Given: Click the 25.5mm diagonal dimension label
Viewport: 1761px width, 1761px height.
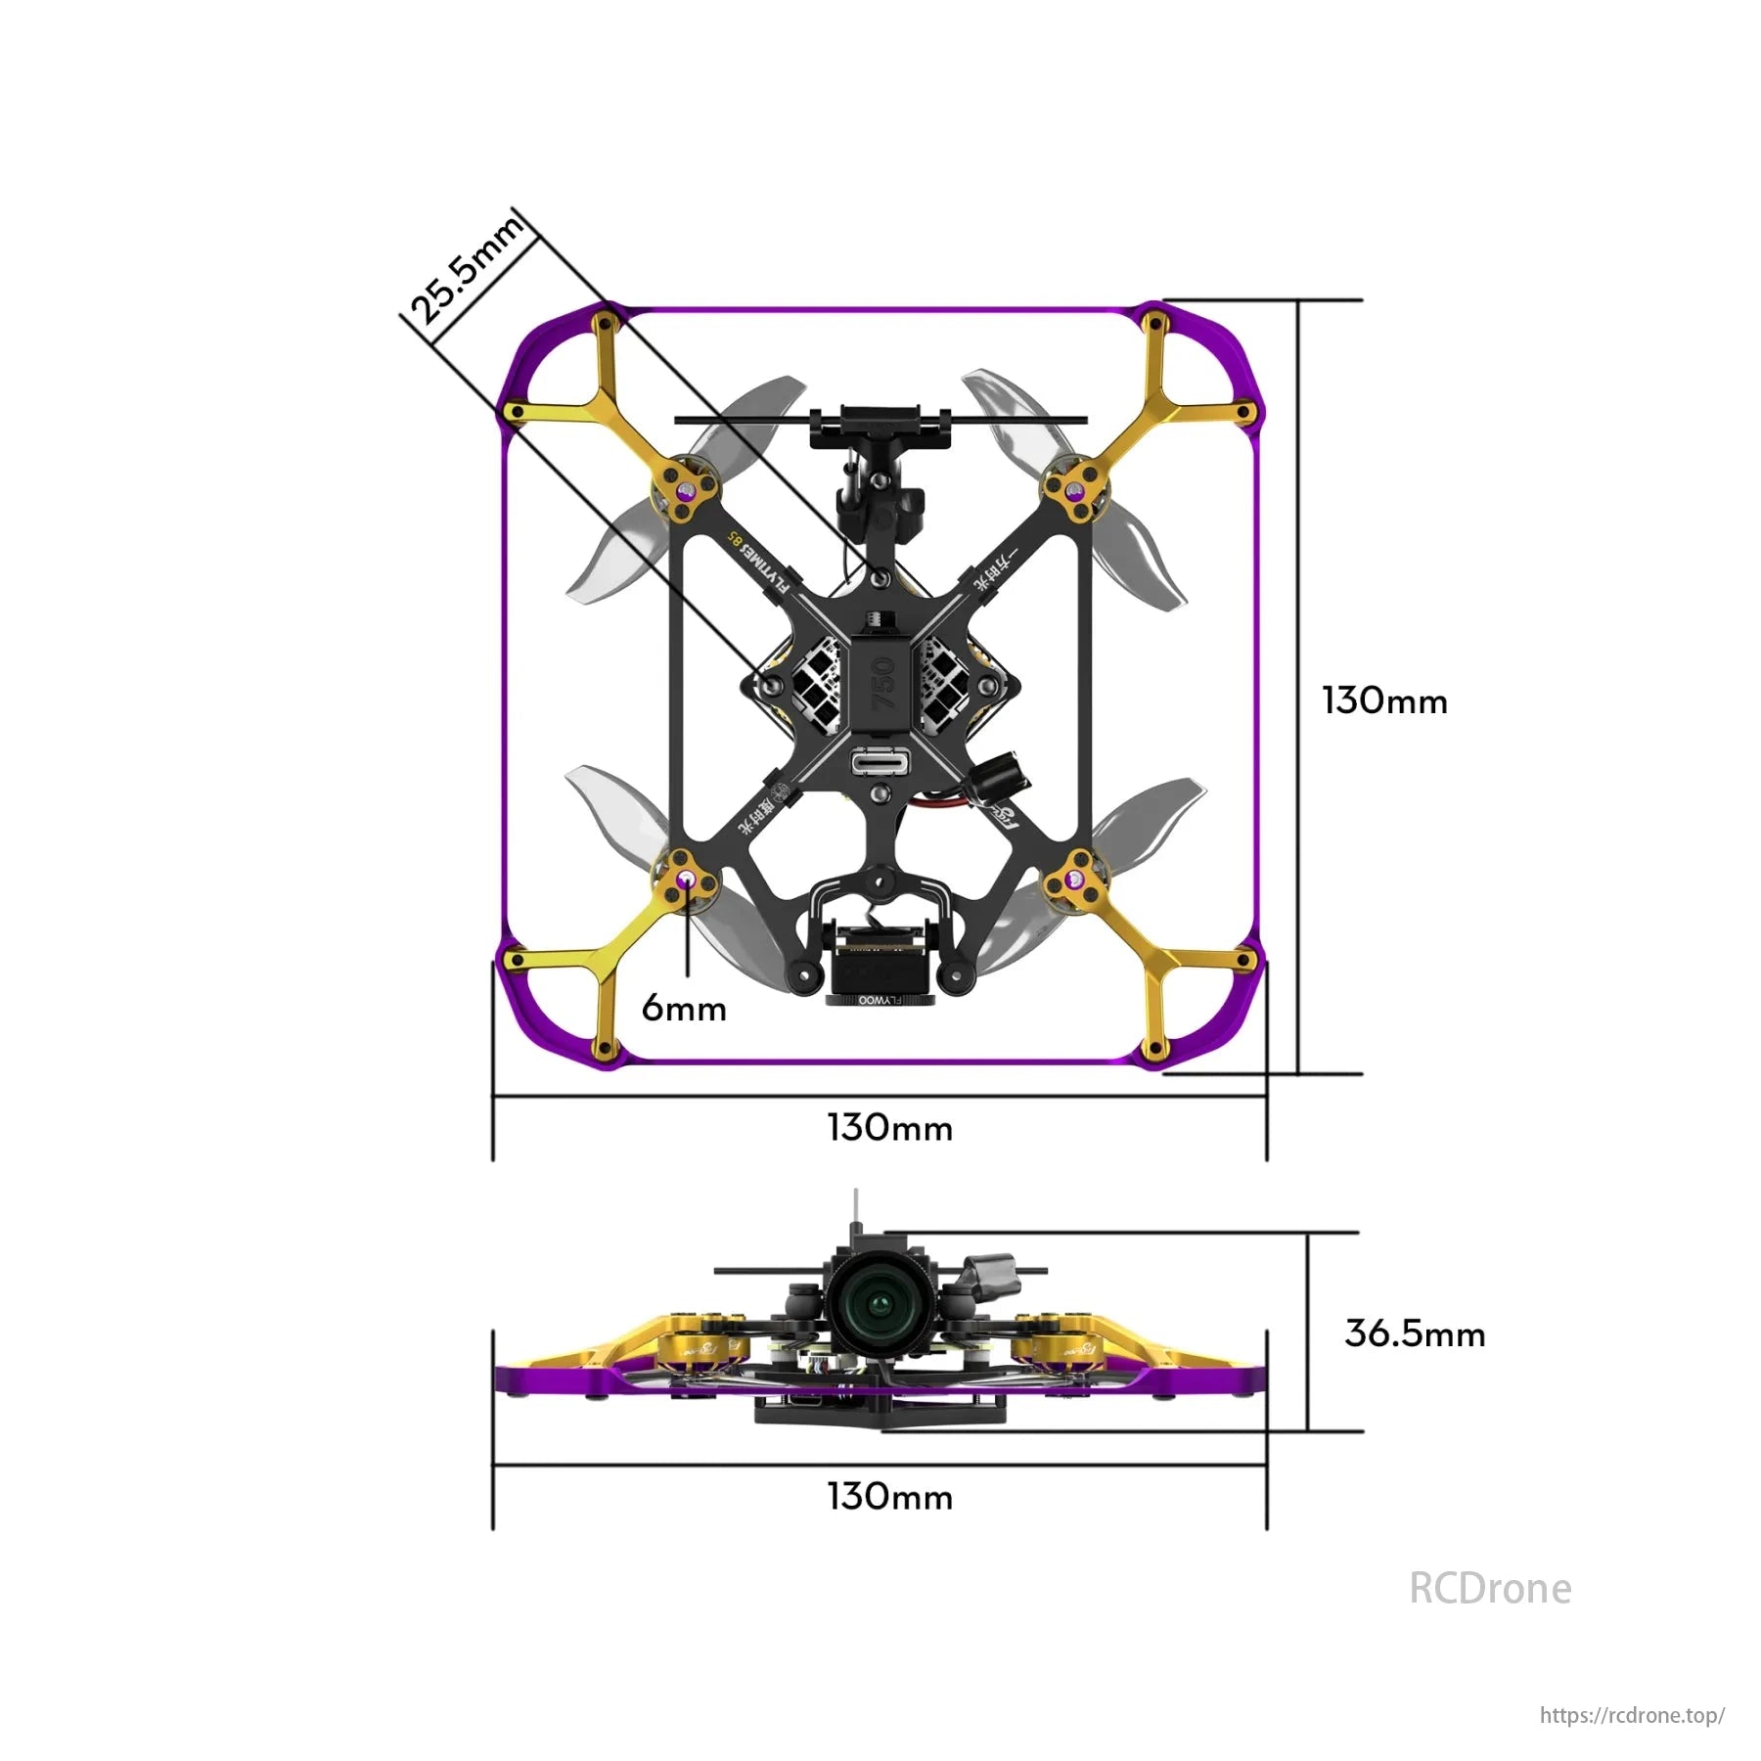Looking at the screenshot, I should [468, 271].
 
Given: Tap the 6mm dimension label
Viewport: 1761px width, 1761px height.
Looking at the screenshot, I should [684, 1009].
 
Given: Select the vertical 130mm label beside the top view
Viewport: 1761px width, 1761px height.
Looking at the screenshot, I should [1383, 700].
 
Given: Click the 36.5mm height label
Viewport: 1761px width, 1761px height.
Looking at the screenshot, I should [1414, 1333].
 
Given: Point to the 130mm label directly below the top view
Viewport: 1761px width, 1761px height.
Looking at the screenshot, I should [889, 1128].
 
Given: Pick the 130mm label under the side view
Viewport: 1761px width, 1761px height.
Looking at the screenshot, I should [889, 1497].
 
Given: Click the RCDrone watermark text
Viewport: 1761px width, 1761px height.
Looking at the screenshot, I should [1489, 1589].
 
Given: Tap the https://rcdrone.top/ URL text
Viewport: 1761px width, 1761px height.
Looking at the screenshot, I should [1631, 1715].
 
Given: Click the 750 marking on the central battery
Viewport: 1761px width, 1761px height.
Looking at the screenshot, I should [882, 682].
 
